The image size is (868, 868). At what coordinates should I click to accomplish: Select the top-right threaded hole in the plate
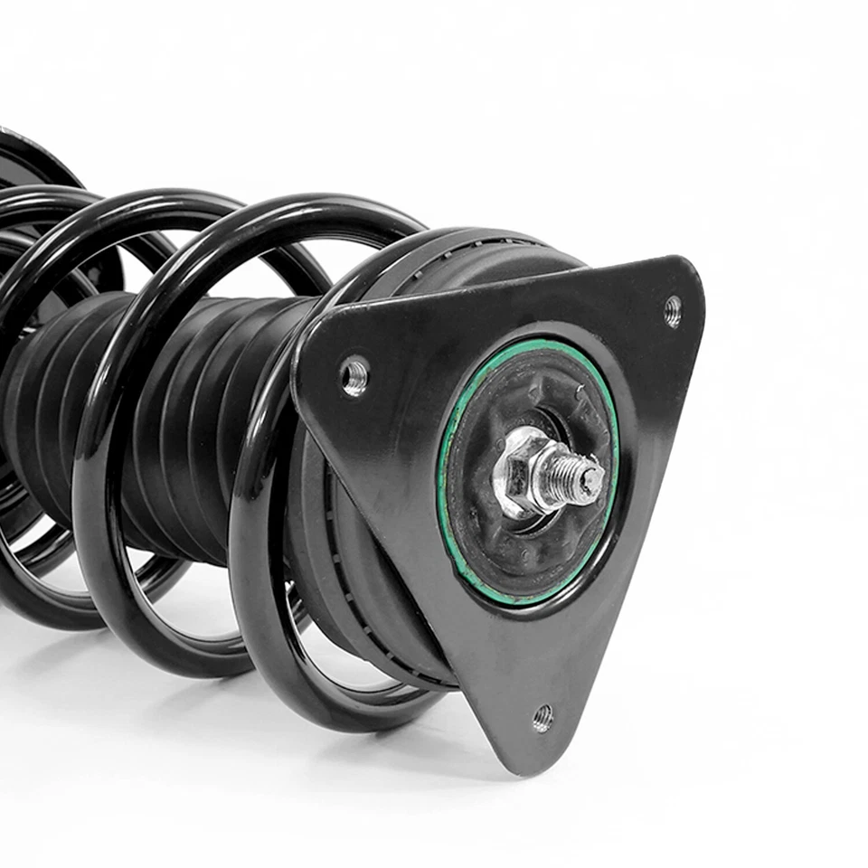(x=673, y=310)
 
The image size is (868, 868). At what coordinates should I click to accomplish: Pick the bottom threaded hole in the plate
(x=542, y=718)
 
